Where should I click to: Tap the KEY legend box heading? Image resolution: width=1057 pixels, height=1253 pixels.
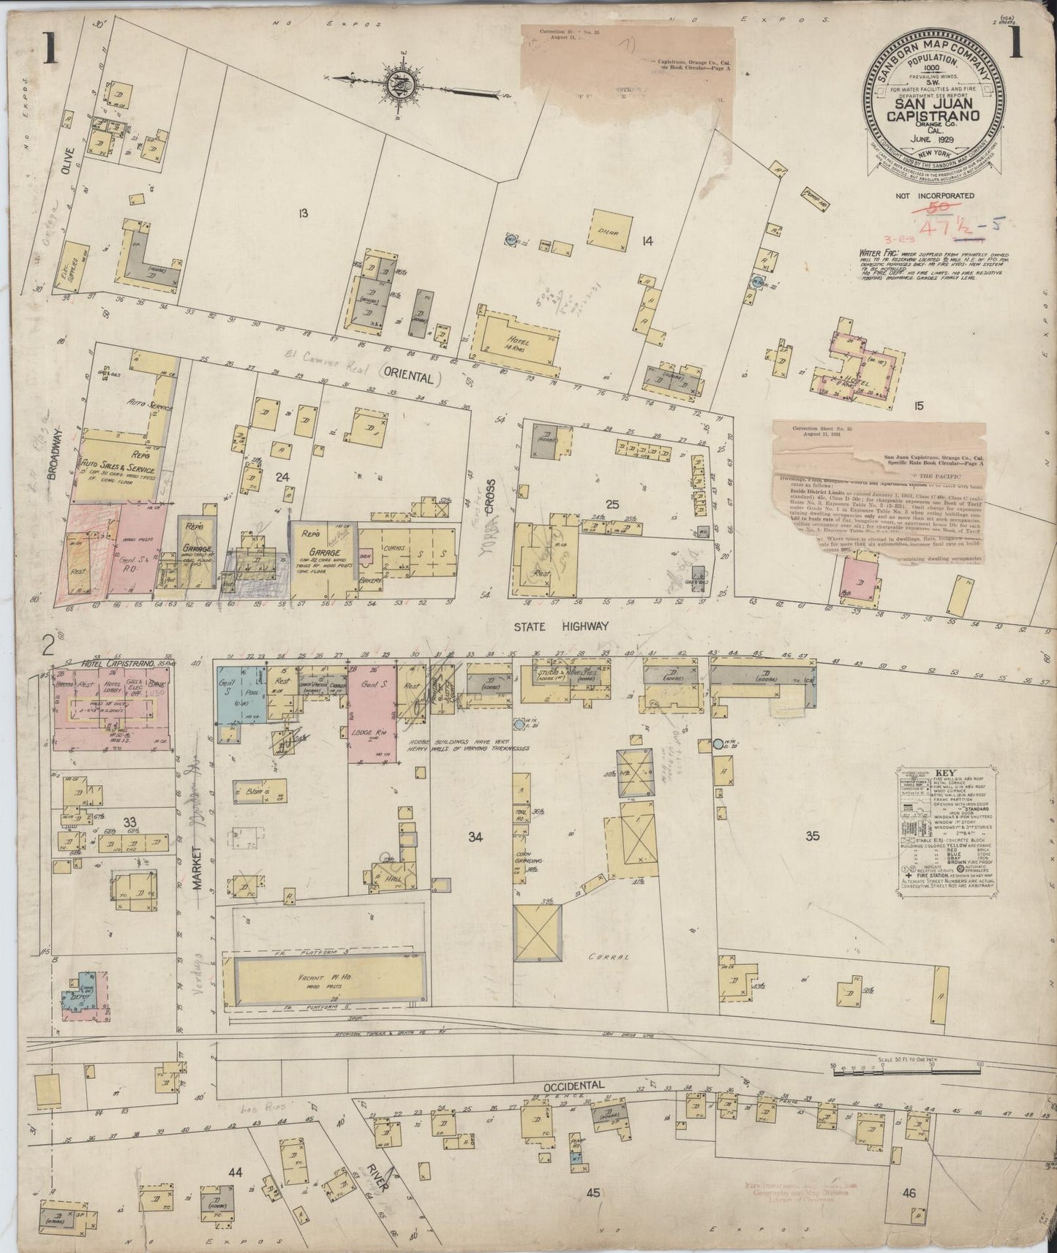pos(942,771)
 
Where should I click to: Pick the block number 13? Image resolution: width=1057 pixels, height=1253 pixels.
pos(302,213)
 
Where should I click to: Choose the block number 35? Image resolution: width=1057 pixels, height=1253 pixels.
pos(832,836)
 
